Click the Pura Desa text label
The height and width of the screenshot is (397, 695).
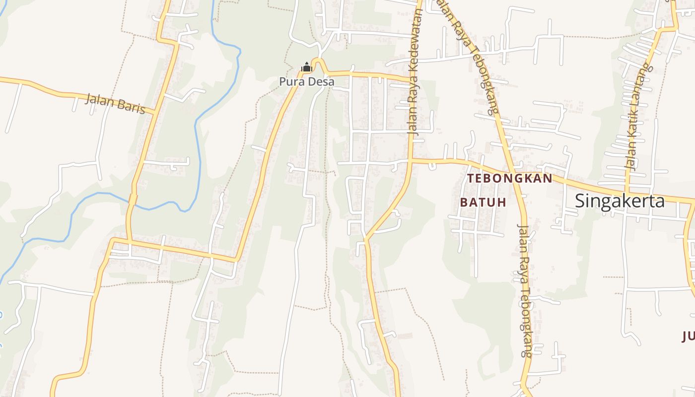coord(307,81)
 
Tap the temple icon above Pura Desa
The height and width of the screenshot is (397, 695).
coord(306,67)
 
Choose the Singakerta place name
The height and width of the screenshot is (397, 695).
coord(620,201)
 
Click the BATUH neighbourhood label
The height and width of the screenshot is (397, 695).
coord(483,202)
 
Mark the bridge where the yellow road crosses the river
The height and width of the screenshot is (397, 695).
coord(133,199)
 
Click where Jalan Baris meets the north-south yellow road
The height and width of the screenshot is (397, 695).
coord(156,114)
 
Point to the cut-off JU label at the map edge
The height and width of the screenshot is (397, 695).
coord(689,337)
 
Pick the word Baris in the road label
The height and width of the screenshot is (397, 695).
coord(131,107)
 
